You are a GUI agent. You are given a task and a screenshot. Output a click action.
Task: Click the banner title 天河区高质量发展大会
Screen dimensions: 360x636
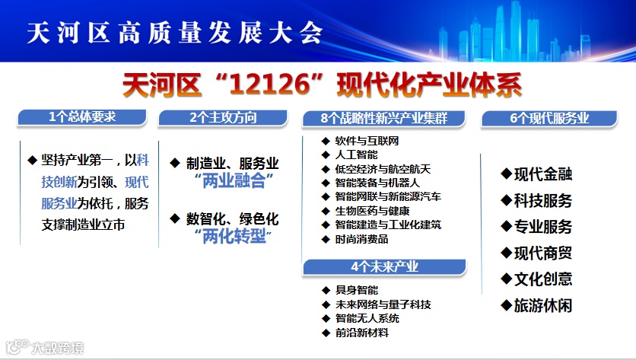pyautogui.click(x=174, y=32)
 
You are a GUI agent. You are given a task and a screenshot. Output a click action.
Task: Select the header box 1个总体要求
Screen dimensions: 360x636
pyautogui.click(x=82, y=117)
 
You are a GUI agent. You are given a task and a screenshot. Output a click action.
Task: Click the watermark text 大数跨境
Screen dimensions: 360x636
pyautogui.click(x=58, y=348)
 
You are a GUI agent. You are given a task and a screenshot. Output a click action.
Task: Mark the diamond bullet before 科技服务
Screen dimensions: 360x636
pyautogui.click(x=506, y=200)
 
